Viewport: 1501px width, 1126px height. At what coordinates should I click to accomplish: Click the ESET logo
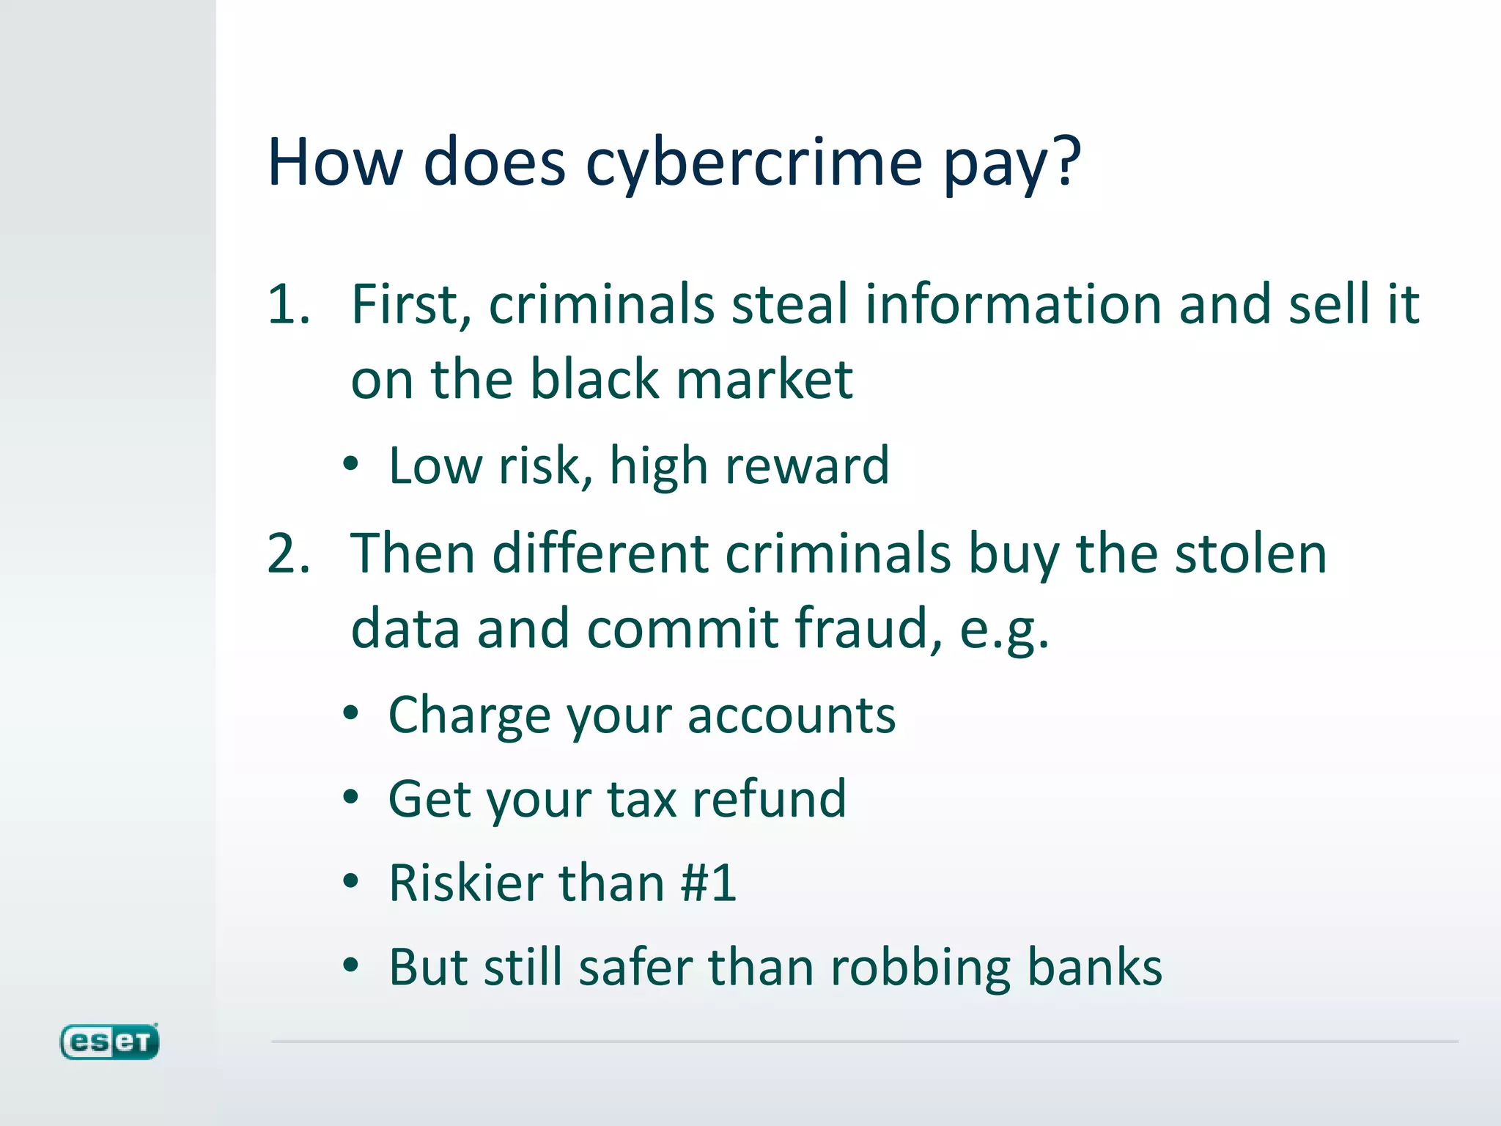tap(109, 1041)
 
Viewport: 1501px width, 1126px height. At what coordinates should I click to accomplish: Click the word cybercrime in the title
tap(753, 163)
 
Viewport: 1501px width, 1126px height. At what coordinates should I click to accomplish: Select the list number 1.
tap(287, 303)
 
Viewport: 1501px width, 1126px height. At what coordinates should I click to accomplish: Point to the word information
tap(1013, 303)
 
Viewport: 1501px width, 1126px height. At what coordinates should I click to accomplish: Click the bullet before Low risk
tap(351, 465)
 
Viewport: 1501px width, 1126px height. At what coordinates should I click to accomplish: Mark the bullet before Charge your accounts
tap(351, 714)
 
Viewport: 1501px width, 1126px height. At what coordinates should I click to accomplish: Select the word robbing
tap(920, 967)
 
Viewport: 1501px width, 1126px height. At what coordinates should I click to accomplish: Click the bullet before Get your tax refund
tap(351, 798)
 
